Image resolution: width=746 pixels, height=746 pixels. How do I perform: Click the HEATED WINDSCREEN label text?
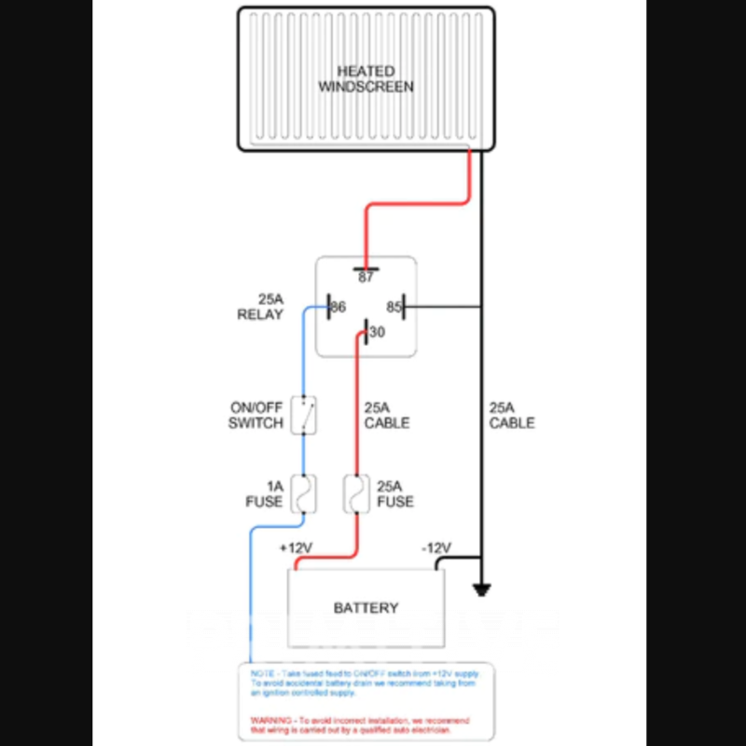366,78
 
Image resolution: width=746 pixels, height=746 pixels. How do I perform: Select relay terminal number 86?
338,306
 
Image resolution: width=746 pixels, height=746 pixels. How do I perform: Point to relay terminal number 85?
394,306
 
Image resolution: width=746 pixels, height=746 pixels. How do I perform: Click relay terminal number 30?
377,332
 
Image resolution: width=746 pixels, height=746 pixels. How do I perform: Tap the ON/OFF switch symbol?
303,415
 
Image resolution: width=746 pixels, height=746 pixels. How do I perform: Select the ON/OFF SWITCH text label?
256,416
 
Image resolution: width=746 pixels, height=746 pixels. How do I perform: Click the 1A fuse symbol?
303,494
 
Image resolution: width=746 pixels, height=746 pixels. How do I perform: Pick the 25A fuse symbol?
356,494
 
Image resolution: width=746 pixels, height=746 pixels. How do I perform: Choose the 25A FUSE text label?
394,494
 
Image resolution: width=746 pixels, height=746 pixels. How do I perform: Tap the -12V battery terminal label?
435,547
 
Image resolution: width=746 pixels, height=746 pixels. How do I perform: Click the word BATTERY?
366,608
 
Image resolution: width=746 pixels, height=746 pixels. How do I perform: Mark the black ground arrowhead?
482,589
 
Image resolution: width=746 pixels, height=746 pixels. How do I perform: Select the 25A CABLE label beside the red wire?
386,416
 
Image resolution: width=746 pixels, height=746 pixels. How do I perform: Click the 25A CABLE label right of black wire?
512,416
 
